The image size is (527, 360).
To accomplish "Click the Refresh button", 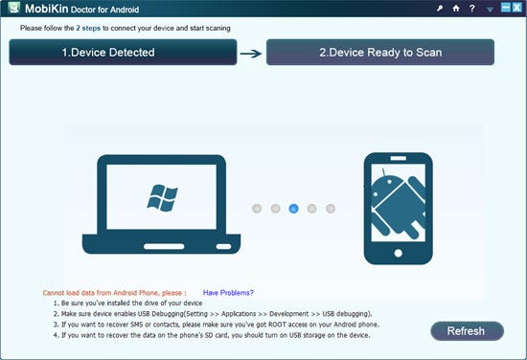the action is (x=467, y=331).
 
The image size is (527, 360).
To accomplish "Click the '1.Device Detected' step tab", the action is (x=123, y=52).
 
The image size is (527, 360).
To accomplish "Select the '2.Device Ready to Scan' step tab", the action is (x=380, y=52).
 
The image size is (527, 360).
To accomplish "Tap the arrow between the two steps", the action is (x=251, y=54).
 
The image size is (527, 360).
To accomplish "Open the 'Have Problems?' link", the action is (x=228, y=293).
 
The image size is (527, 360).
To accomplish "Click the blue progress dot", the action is (x=293, y=209).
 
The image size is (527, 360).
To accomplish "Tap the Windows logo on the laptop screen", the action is (x=162, y=198).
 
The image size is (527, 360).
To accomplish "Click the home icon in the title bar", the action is (x=456, y=8).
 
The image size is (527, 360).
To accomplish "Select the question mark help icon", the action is (x=472, y=8).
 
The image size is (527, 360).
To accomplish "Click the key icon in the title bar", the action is (x=440, y=9).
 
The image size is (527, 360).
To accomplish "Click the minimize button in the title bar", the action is (x=506, y=8).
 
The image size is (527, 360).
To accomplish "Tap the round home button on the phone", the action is (x=399, y=253).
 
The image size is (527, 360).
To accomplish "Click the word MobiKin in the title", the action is (x=46, y=9).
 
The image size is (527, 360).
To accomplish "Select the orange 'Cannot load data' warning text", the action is (x=115, y=293).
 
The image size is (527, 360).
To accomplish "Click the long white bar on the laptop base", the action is (x=164, y=246).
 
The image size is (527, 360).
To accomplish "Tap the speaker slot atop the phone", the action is (x=399, y=158).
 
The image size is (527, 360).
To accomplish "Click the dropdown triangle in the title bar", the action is (x=490, y=10).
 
